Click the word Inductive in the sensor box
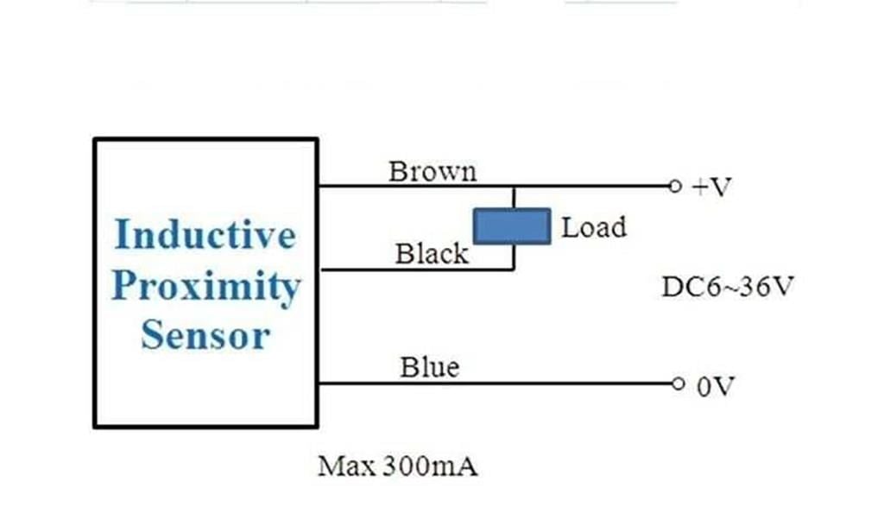click(x=205, y=234)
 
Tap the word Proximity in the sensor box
click(x=206, y=287)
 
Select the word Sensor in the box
click(x=205, y=335)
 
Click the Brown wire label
click(x=433, y=171)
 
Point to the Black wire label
click(x=432, y=253)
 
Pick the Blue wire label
click(x=430, y=367)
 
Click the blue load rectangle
click(x=512, y=226)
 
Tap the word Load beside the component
click(x=594, y=227)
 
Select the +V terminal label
click(x=711, y=187)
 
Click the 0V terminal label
click(x=716, y=387)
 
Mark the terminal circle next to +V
click(x=675, y=186)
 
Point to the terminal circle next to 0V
click(x=679, y=384)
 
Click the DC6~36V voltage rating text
click(x=728, y=287)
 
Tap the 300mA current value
click(x=430, y=466)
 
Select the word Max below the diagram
click(x=347, y=466)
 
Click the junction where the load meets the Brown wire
click(x=514, y=186)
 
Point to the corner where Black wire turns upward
click(x=514, y=270)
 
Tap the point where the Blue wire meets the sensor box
click(x=319, y=384)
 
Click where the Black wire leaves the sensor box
click(x=319, y=270)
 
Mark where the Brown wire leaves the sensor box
click(x=319, y=186)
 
